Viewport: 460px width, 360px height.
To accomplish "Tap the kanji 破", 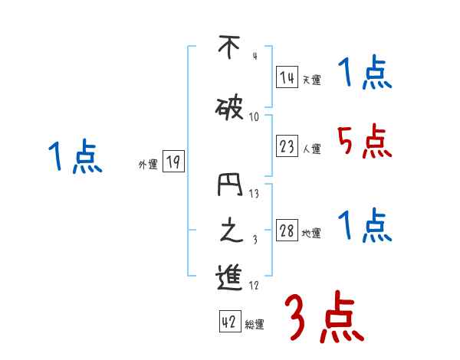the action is click(x=229, y=110).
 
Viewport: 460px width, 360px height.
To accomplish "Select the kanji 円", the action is click(x=229, y=187).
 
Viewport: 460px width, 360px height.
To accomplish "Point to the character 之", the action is click(x=228, y=231).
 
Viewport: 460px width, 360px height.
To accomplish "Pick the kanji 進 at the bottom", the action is click(x=228, y=278).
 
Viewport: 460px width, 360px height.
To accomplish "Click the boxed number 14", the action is click(x=287, y=77).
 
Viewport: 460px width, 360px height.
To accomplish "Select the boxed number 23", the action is click(x=287, y=147).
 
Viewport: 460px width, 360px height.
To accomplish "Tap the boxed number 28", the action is click(x=287, y=231).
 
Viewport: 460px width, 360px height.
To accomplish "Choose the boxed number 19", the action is click(x=173, y=162).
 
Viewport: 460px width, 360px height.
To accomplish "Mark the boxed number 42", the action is click(x=229, y=322).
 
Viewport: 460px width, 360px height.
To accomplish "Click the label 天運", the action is click(x=312, y=80).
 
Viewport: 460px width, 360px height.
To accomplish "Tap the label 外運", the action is click(x=148, y=164).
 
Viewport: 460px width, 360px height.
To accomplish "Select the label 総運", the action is click(x=255, y=325).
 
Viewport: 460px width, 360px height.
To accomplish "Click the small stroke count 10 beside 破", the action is click(x=254, y=117).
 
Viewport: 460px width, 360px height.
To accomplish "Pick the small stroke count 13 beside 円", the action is click(x=254, y=194).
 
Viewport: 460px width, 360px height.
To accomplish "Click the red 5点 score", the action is click(x=364, y=142).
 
